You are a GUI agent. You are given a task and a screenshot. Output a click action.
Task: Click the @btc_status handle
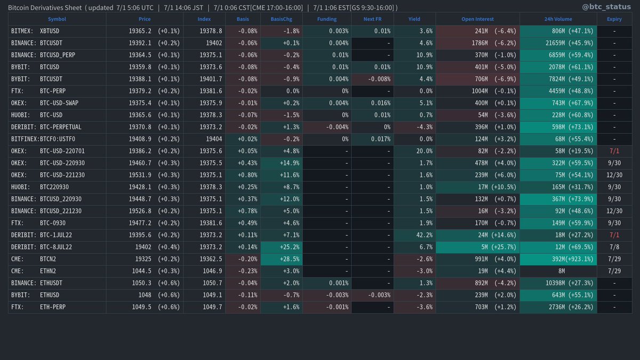click(x=613, y=7)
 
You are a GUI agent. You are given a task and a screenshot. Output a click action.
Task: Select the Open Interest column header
click(x=477, y=19)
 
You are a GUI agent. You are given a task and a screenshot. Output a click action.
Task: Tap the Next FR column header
click(x=372, y=19)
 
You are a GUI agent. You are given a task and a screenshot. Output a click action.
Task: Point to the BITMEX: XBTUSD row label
click(x=35, y=31)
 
